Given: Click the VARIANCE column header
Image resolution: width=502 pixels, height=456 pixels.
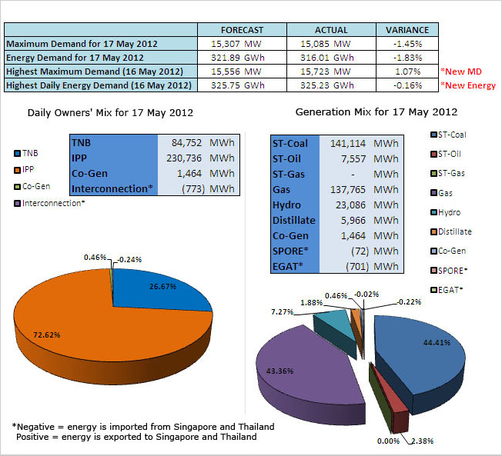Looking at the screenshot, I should pyautogui.click(x=407, y=29).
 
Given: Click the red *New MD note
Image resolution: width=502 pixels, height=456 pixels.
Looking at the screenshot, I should pyautogui.click(x=461, y=71).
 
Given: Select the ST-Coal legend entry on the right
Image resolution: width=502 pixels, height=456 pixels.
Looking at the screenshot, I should pyautogui.click(x=450, y=135).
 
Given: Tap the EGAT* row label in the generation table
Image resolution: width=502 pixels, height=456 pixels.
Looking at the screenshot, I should pyautogui.click(x=289, y=266).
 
